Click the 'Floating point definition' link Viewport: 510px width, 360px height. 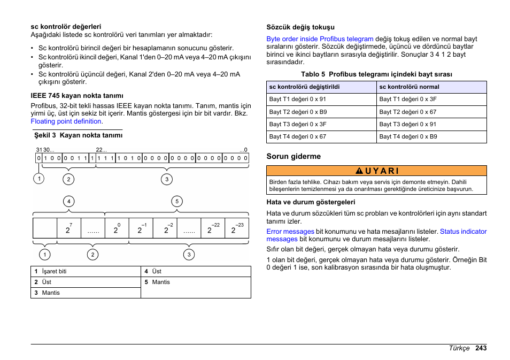coord(66,121)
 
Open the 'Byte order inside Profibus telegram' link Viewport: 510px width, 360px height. coord(320,39)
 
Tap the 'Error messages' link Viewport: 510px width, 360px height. coord(290,232)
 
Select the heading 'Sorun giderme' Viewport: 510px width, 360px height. coord(293,157)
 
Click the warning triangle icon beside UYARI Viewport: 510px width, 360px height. coord(359,171)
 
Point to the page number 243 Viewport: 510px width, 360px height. coord(480,348)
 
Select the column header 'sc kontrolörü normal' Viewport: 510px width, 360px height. coord(409,87)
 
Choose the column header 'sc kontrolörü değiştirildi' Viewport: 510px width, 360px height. coord(304,87)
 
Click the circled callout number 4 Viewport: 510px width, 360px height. coord(68,202)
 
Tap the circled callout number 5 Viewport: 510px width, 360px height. coord(177,202)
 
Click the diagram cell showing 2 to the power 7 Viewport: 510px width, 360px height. coord(68,228)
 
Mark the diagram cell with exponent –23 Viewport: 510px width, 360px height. coord(237,228)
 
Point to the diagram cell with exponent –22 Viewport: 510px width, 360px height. coord(213,228)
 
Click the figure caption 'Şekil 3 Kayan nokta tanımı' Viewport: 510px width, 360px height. coord(78,136)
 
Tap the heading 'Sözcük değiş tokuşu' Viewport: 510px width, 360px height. coord(300,27)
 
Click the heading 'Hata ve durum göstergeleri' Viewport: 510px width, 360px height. coord(311,202)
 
